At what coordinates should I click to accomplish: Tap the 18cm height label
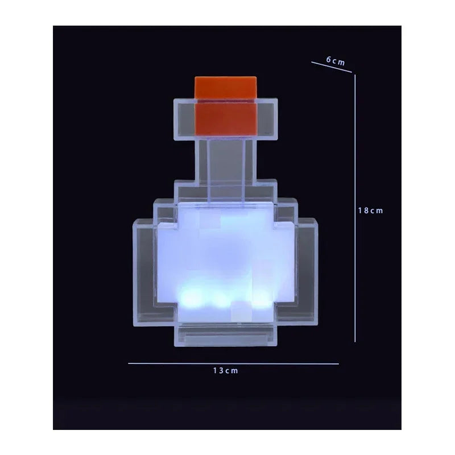pyautogui.click(x=370, y=210)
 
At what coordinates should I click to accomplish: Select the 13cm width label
pyautogui.click(x=225, y=371)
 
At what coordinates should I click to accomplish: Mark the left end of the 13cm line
pyautogui.click(x=129, y=363)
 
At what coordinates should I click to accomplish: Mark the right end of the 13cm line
pyautogui.click(x=338, y=363)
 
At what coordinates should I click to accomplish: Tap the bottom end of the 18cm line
pyautogui.click(x=355, y=341)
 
